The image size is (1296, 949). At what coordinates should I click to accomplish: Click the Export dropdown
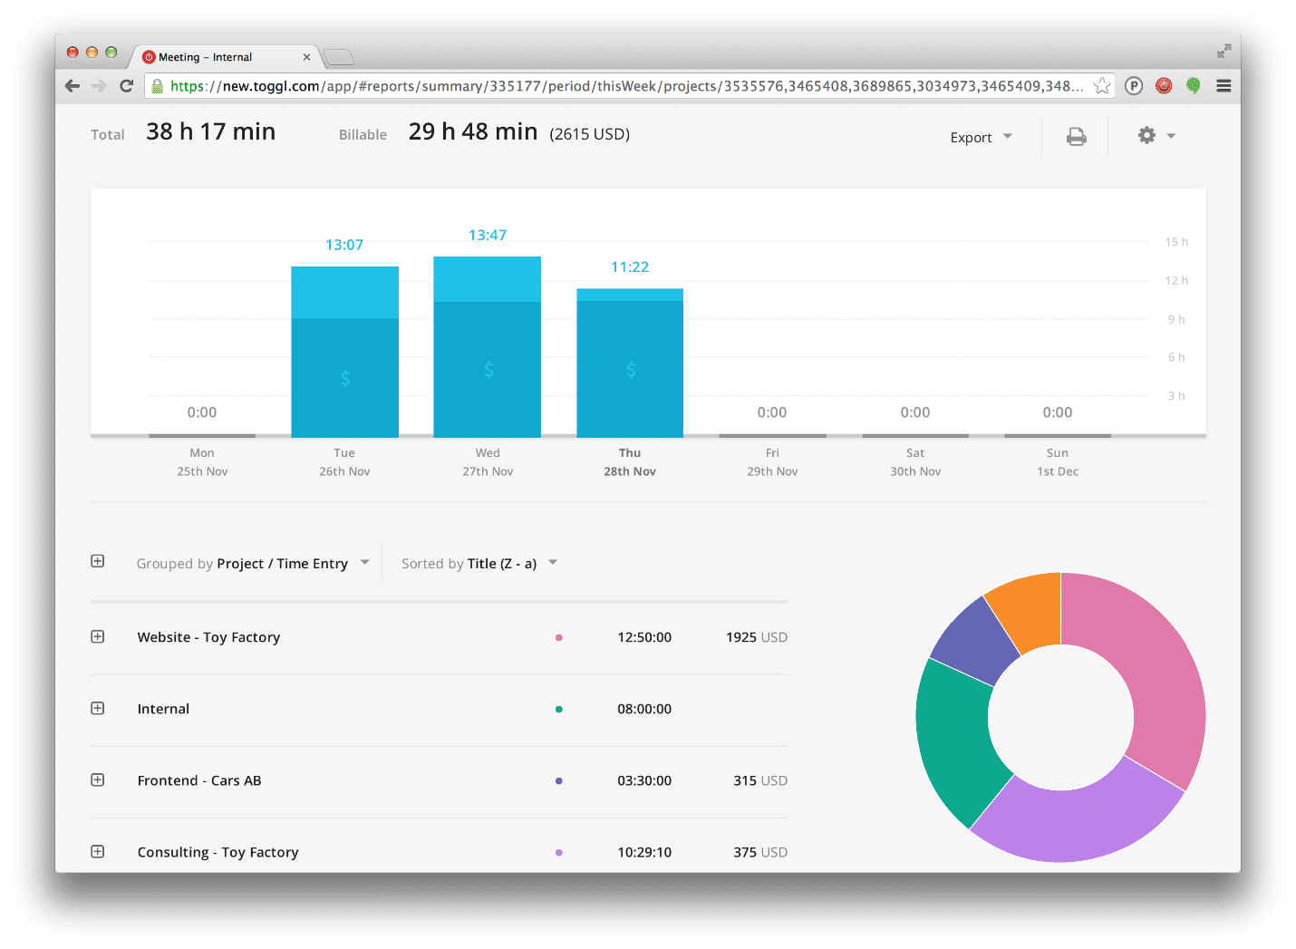tap(981, 137)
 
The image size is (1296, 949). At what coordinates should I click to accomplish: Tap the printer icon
tap(1076, 137)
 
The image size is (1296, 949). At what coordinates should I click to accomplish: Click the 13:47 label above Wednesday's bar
tap(488, 236)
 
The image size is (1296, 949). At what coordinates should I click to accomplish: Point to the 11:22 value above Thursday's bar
tap(630, 267)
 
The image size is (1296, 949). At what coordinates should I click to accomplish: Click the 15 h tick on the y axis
tap(1176, 242)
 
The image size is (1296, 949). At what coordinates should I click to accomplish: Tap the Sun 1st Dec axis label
tap(1058, 462)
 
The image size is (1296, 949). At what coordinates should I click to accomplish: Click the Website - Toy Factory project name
tap(208, 637)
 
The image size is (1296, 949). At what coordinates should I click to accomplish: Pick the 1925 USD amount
tap(756, 637)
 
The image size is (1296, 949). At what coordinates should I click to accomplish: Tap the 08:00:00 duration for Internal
tap(644, 709)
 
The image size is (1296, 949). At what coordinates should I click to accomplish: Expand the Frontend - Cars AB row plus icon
tap(98, 780)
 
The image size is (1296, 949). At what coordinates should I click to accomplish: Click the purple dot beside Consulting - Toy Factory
tap(558, 852)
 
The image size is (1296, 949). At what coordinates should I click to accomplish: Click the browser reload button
tap(127, 86)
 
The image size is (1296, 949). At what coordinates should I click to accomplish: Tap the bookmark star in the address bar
tap(1102, 86)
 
